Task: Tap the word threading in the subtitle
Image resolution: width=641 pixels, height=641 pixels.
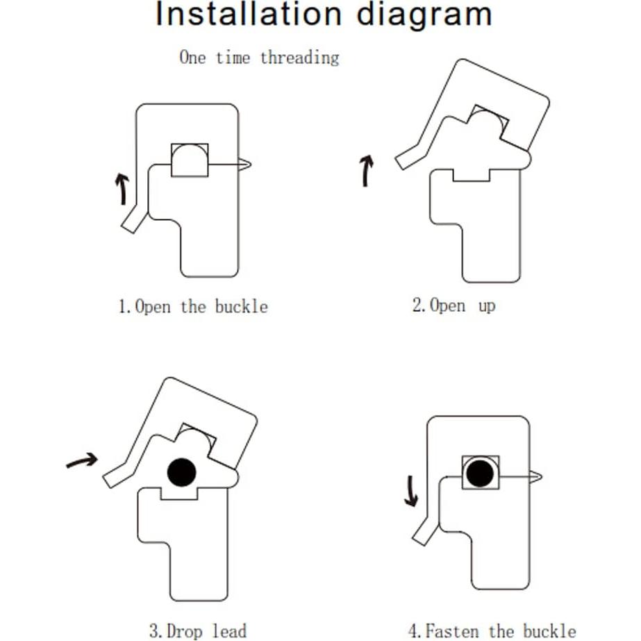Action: [x=299, y=58]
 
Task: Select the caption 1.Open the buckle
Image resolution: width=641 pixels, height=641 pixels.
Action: [x=193, y=306]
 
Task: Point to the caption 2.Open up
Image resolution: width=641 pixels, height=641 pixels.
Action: [x=453, y=305]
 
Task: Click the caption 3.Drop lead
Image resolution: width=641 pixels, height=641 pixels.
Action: [x=198, y=631]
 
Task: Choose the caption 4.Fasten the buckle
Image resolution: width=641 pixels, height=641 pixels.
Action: [x=492, y=631]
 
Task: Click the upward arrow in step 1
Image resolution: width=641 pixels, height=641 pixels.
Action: [x=123, y=188]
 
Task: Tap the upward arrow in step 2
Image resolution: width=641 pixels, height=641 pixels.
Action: [x=367, y=171]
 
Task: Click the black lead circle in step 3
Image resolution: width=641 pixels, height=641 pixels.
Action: [x=182, y=472]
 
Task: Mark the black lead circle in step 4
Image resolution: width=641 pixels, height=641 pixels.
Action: [x=480, y=474]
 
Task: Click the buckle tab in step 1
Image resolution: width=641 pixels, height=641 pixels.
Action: [x=134, y=219]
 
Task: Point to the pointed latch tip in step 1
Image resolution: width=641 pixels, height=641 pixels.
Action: [x=246, y=165]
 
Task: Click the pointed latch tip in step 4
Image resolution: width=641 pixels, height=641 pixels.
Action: [x=537, y=476]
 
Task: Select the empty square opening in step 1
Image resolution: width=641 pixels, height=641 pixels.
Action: [x=190, y=160]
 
